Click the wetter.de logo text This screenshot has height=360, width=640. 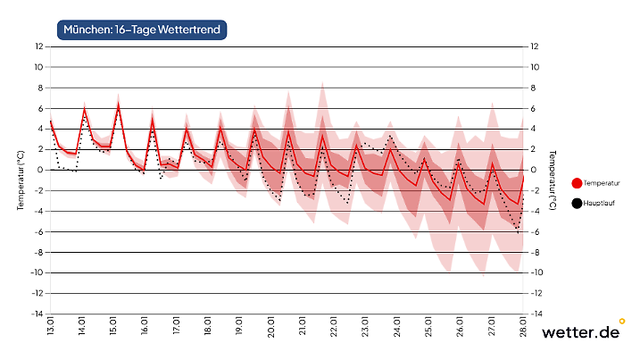pos(579,333)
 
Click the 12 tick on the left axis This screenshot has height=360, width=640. pos(39,46)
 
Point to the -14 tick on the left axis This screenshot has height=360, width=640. pos(37,314)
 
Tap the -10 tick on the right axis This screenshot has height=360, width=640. pos(536,272)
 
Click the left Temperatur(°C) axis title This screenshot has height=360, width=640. pos(20,180)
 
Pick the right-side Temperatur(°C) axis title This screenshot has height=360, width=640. pos(554,180)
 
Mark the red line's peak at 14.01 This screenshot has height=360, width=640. pos(85,111)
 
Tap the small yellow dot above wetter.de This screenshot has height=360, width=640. pos(622,321)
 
